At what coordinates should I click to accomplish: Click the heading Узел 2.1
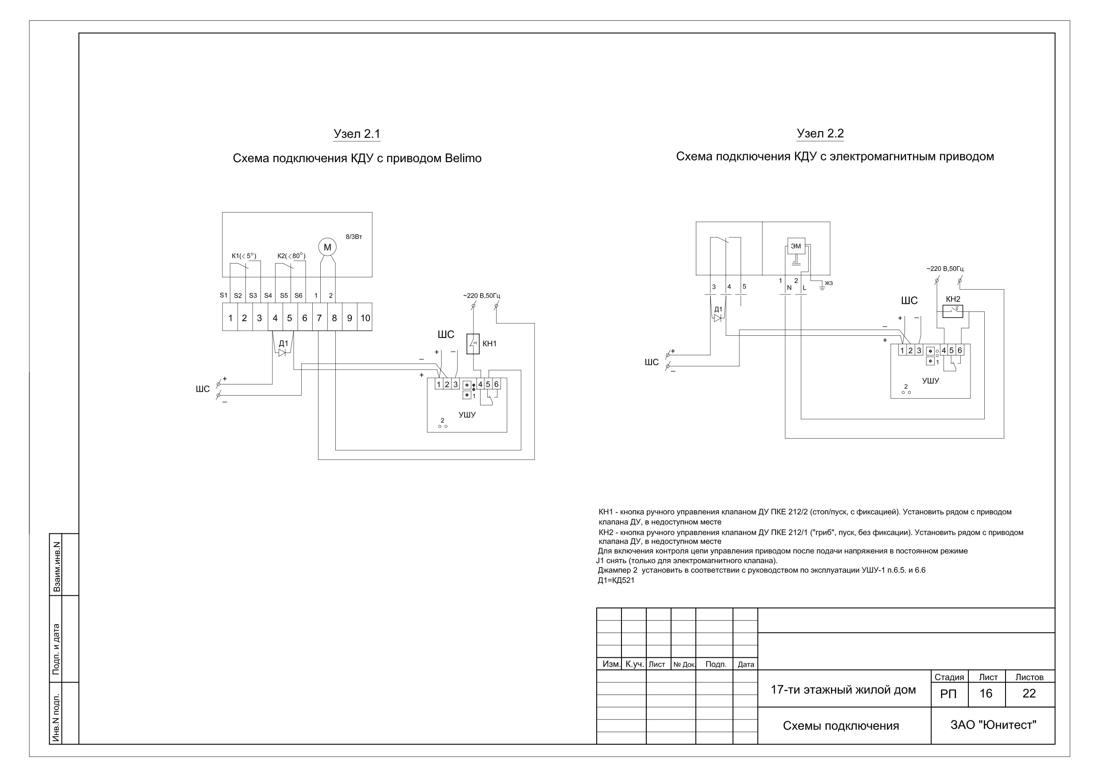point(357,134)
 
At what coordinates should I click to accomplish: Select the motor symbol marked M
point(327,247)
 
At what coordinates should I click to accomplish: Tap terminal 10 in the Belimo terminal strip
point(365,318)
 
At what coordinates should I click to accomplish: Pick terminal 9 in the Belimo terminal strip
point(350,318)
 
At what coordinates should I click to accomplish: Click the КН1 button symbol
point(473,344)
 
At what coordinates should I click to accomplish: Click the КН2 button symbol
point(953,311)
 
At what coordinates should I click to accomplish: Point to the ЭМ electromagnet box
point(796,246)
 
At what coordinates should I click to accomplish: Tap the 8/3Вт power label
point(354,237)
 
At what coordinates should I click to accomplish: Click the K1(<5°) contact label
point(244,256)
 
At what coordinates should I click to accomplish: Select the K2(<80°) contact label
point(291,256)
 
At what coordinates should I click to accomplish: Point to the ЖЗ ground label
point(828,283)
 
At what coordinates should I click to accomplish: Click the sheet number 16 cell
point(986,693)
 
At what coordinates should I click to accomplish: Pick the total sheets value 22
point(1029,693)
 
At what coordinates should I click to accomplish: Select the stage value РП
point(948,694)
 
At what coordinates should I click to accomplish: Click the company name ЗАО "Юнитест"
point(993,725)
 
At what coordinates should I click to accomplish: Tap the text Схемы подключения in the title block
point(841,726)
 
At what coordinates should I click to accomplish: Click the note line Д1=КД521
point(616,581)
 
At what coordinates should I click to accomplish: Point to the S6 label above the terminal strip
point(298,295)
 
